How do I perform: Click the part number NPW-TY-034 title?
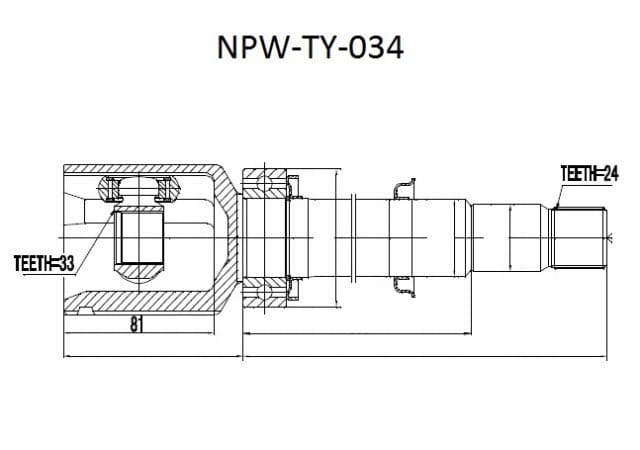[311, 48]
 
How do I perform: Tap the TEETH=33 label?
[44, 263]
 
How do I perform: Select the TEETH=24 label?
[589, 174]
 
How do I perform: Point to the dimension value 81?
[137, 324]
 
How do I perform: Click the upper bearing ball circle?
[264, 181]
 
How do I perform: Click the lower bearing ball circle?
[264, 293]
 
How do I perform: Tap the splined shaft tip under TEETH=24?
[577, 238]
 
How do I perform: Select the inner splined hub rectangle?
[139, 238]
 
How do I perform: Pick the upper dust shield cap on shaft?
[404, 189]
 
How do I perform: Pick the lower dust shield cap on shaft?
[404, 287]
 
